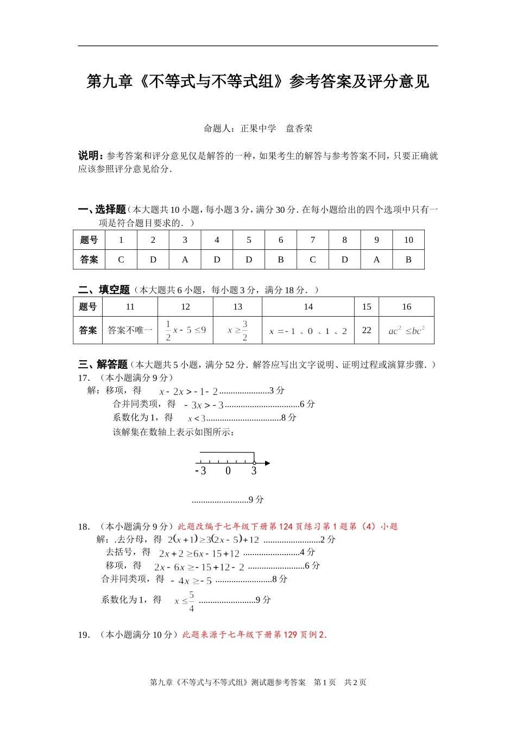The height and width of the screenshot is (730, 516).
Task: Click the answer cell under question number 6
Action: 281,260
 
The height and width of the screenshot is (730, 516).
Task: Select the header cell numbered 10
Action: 408,240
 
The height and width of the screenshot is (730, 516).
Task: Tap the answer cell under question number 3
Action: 185,260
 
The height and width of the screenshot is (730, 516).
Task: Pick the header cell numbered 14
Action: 308,307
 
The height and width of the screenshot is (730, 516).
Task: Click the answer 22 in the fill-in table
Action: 367,330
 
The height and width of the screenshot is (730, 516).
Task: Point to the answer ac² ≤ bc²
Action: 406,330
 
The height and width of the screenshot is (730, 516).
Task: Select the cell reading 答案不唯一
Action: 130,330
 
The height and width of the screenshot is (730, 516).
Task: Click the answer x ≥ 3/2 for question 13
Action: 237,330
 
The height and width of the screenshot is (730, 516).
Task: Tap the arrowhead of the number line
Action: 267,463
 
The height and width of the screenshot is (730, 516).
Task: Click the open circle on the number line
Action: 254,463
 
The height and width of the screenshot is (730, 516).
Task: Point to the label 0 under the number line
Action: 228,471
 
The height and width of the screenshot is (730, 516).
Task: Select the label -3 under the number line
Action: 201,471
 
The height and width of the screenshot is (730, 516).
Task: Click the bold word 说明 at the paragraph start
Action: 89,156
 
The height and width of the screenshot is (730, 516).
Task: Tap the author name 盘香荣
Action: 299,129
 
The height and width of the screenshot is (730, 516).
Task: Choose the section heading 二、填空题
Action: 104,290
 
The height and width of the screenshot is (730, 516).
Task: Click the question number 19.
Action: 83,635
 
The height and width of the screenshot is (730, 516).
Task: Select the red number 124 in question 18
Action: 286,527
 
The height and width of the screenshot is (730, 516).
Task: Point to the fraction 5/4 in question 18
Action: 191,601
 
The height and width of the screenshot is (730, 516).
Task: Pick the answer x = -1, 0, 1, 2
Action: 308,331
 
